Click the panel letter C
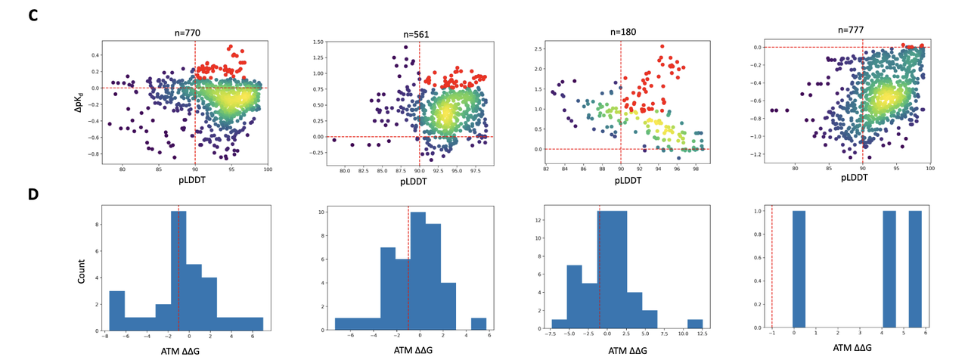(33, 14)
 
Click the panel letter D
(33, 194)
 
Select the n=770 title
(185, 33)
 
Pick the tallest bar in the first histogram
(178, 271)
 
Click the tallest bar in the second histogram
(417, 272)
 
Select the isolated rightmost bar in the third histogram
(696, 325)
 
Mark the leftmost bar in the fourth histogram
(799, 271)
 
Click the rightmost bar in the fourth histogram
(915, 271)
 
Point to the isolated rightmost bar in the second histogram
(479, 324)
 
